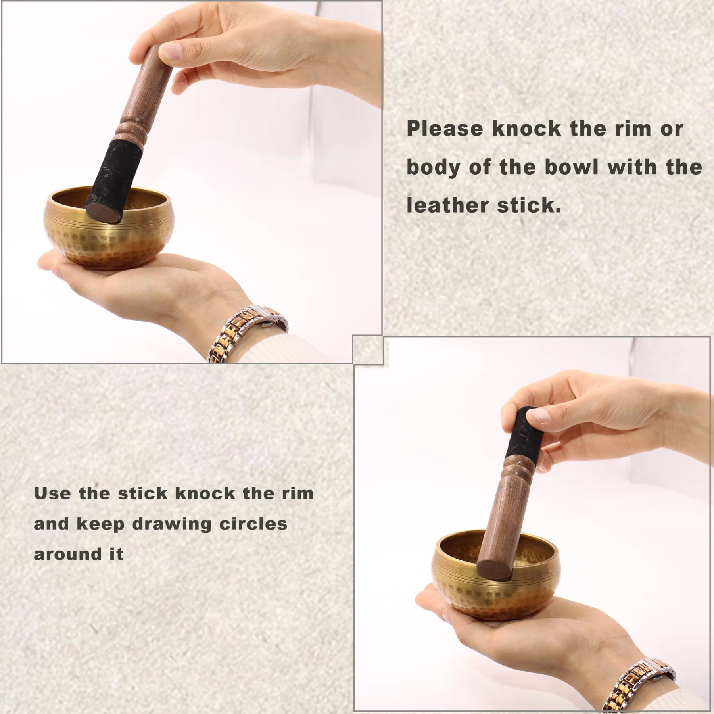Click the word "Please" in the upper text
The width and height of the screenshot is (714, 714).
click(x=445, y=129)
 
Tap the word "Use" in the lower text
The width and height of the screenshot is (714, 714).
click(x=52, y=493)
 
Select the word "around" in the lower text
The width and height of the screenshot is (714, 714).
click(x=68, y=554)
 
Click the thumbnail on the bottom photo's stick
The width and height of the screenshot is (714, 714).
click(x=537, y=416)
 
